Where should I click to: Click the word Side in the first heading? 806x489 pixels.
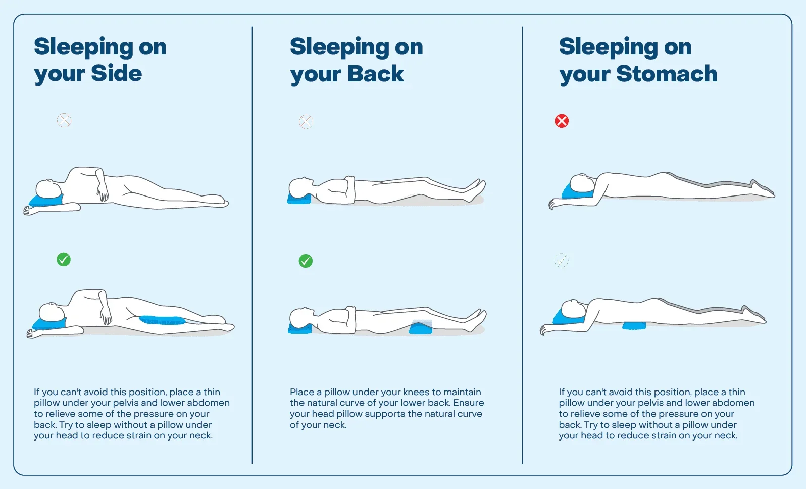coord(117,73)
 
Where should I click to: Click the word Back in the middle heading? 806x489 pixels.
coord(376,74)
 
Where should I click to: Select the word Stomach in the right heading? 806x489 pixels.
coord(667,74)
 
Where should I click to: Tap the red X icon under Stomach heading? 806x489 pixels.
coord(562,121)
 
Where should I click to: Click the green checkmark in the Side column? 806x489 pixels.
coord(64,260)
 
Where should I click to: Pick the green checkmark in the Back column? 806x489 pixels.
coord(306,261)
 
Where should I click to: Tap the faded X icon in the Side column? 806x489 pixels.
coord(64,120)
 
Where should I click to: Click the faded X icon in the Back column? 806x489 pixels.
coord(306,122)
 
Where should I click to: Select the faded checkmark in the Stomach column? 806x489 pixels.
coord(562,260)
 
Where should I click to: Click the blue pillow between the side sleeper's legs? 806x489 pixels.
coord(162,320)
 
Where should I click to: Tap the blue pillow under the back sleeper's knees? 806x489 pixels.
coord(420,328)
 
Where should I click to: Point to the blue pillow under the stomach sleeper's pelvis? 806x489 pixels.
coord(634,325)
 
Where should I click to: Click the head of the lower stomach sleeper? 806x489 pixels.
coord(574,309)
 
